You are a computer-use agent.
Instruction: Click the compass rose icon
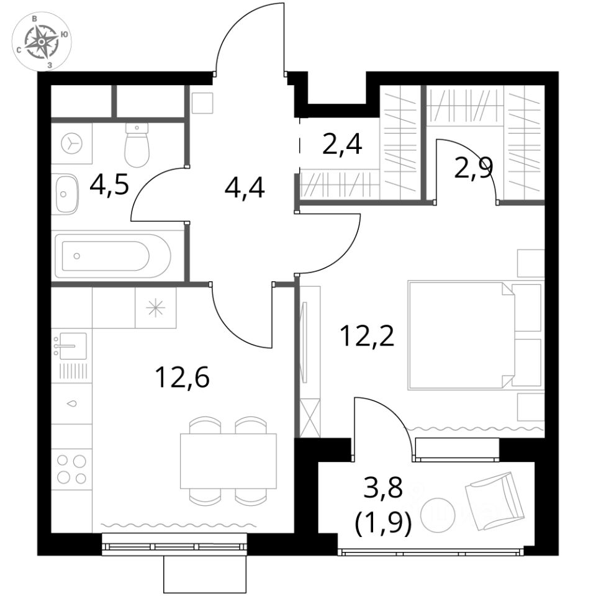[x=42, y=42]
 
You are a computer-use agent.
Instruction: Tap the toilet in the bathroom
[x=137, y=145]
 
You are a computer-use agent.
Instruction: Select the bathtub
[x=113, y=256]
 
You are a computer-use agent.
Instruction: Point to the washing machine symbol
[x=71, y=143]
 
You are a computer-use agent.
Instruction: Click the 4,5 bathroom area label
[x=109, y=186]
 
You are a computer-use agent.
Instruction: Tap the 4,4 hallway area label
[x=245, y=188]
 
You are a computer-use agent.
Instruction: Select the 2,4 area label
[x=341, y=144]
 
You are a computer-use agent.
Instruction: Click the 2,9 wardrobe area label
[x=474, y=168]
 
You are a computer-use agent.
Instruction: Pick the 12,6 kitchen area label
[x=183, y=378]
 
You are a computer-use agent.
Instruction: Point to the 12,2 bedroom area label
[x=368, y=336]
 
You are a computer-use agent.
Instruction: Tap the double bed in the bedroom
[x=474, y=335]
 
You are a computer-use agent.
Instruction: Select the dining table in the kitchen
[x=228, y=461]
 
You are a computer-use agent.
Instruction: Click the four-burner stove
[x=71, y=469]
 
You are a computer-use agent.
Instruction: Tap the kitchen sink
[x=71, y=346]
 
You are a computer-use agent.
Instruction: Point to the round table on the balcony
[x=438, y=515]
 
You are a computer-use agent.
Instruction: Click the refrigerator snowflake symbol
[x=156, y=307]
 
